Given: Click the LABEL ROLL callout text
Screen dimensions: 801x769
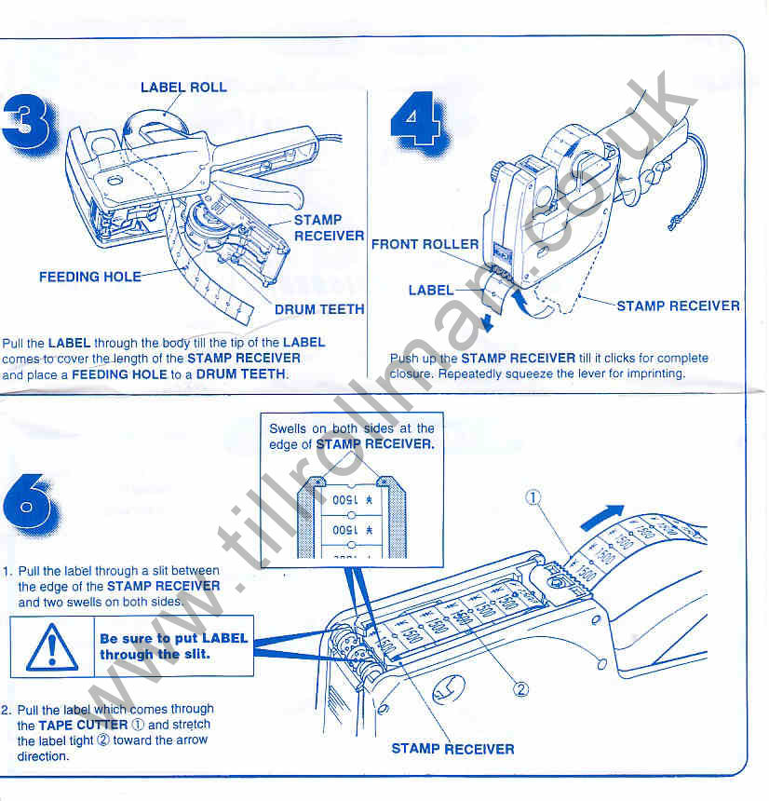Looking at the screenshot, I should click(x=183, y=88).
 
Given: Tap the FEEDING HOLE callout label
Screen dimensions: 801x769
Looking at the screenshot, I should click(x=90, y=277).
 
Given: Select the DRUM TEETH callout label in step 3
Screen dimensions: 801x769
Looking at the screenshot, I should click(x=319, y=309).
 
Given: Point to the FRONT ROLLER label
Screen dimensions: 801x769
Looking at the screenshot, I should click(x=425, y=245).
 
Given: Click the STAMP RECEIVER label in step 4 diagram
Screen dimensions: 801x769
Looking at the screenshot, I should click(x=678, y=305).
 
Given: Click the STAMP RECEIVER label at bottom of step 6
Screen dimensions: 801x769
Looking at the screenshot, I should click(x=452, y=748).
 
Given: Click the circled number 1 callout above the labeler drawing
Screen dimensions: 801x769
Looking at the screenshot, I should click(x=533, y=497).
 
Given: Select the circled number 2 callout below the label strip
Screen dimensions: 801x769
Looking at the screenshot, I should click(x=521, y=689).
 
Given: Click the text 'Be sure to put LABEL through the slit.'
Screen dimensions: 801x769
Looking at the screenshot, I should click(x=173, y=646).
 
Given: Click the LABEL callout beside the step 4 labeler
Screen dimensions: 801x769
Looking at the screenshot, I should click(x=431, y=291).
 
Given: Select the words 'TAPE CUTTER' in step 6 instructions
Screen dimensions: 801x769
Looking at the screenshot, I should click(x=83, y=725).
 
